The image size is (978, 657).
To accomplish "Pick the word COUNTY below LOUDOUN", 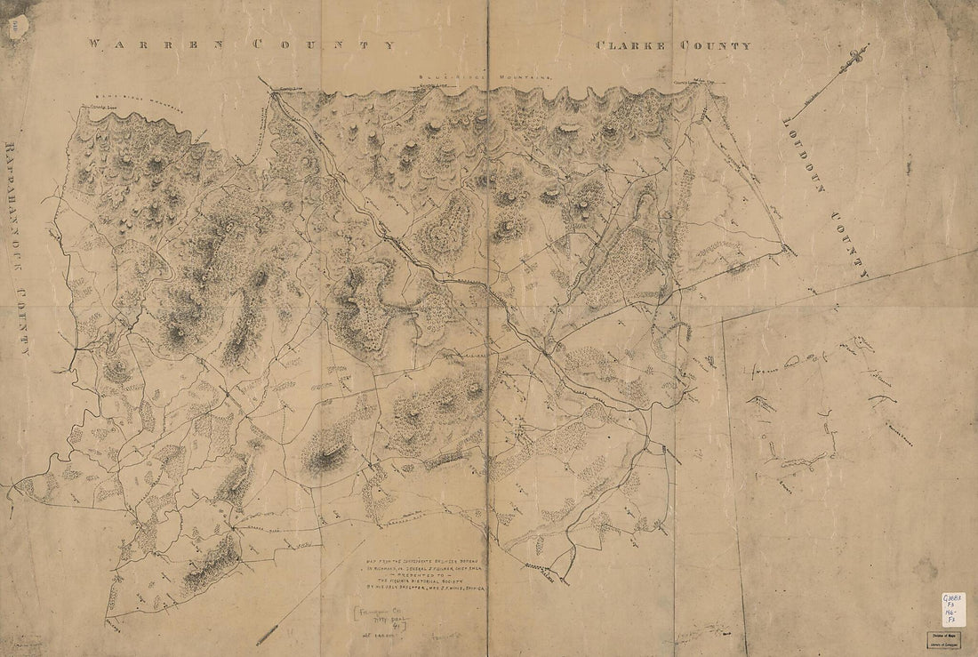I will point(852,244).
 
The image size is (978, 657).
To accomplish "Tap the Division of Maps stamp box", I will point(944,637).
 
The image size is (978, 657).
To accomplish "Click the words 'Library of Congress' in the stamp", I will point(944,642).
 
